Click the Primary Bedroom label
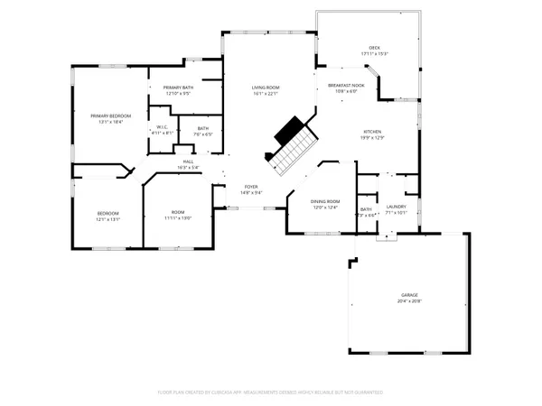click(110, 115)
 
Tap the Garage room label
click(409, 294)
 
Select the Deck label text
click(374, 47)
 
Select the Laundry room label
click(395, 208)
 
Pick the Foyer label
click(250, 187)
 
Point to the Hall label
click(188, 161)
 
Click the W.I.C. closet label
click(163, 126)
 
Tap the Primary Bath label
click(177, 88)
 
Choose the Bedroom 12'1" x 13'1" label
click(107, 213)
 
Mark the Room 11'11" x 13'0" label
click(178, 213)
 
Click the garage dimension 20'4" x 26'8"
click(409, 300)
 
